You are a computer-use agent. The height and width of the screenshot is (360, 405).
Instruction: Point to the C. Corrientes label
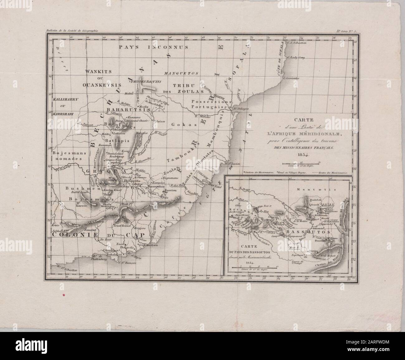(290, 79)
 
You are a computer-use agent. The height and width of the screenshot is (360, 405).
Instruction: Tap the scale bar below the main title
(301, 163)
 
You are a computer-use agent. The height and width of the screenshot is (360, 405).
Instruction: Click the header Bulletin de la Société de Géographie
(72, 31)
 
